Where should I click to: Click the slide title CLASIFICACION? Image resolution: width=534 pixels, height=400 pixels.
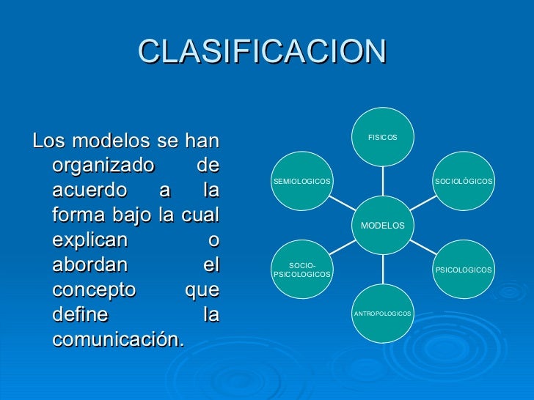[262, 51]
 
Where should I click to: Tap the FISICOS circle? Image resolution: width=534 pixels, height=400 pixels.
[382, 137]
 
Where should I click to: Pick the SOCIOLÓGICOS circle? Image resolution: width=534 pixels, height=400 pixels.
[463, 181]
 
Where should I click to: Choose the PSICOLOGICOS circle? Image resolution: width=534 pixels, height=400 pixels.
[463, 270]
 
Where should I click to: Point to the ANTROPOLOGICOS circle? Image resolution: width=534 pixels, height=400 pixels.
[382, 314]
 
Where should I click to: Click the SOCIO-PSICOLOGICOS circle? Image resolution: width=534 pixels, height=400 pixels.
[302, 270]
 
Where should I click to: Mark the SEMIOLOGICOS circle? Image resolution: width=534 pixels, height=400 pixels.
[302, 181]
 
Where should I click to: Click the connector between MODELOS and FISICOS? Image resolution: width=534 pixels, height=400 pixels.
[382, 181]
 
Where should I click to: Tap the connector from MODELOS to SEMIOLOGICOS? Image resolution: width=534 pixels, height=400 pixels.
[342, 203]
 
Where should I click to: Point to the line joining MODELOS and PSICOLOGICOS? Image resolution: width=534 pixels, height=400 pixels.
[423, 248]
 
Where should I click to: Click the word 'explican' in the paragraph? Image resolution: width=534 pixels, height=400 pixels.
[89, 240]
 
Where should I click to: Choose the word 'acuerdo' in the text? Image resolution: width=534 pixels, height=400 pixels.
[88, 190]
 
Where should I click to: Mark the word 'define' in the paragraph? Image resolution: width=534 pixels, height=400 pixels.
[80, 315]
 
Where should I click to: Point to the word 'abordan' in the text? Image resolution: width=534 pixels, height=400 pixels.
[89, 265]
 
